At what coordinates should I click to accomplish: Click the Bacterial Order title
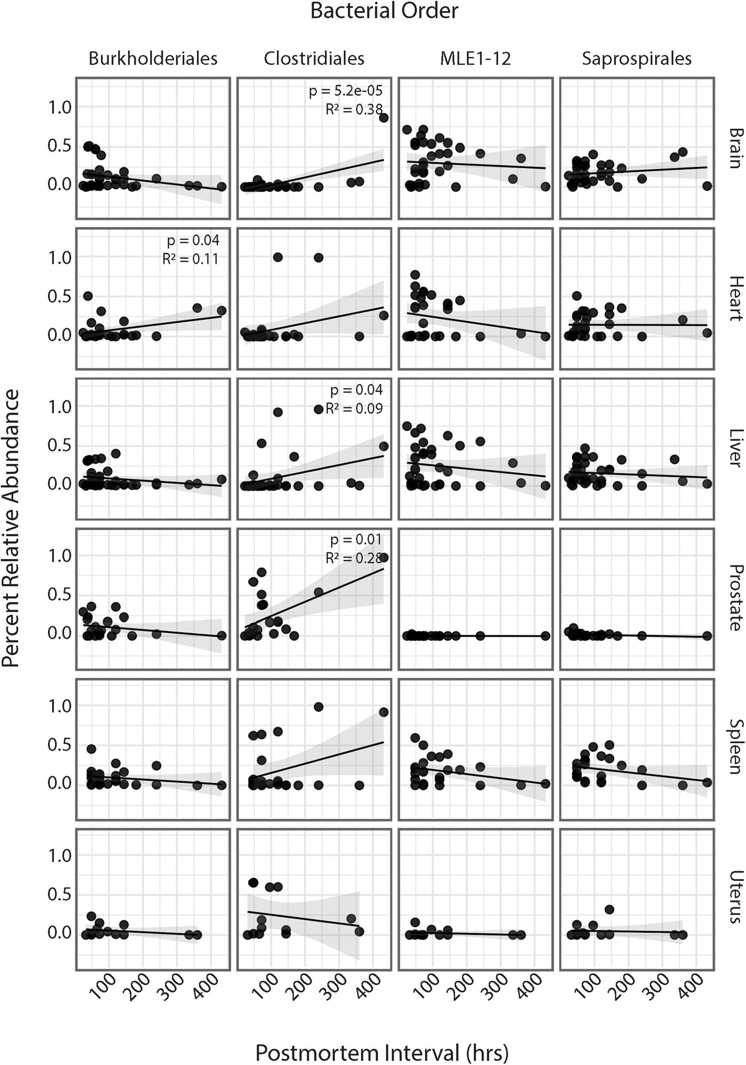click(x=384, y=11)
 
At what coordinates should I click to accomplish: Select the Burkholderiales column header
click(x=153, y=59)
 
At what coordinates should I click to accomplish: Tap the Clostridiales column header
click(x=314, y=59)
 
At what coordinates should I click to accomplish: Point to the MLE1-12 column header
click(x=475, y=59)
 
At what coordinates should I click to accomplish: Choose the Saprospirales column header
click(x=636, y=59)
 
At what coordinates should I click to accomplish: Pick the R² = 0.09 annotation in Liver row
click(x=354, y=408)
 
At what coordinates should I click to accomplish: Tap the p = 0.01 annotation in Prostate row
click(x=356, y=539)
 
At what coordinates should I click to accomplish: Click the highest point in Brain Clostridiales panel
click(x=384, y=118)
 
